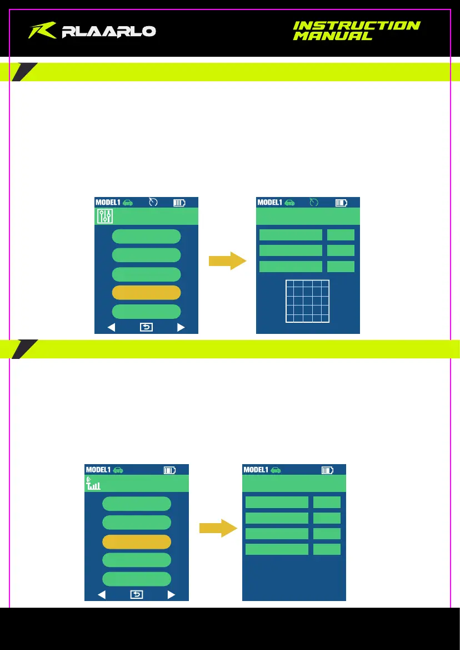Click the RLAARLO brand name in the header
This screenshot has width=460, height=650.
pos(109,32)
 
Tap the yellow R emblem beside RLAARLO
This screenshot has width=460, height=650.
pos(43,31)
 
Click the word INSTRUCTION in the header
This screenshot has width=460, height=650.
pos(356,26)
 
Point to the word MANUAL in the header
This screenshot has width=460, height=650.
pos(332,36)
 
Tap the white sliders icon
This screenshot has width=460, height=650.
pos(105,216)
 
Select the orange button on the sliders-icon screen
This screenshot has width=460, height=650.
pos(146,293)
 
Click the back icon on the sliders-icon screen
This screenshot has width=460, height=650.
pos(146,327)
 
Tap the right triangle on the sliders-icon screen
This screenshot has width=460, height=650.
pos(181,327)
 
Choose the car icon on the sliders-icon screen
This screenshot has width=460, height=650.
pos(127,203)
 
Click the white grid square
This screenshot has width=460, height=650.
pos(307,301)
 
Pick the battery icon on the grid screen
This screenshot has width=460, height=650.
pos(342,203)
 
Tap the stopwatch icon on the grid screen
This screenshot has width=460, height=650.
pos(314,203)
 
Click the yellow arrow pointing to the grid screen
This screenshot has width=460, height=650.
pos(227,260)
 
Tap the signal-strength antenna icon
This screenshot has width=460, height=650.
pos(93,483)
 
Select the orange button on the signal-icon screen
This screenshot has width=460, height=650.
pos(137,542)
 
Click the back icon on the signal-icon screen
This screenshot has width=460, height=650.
pos(137,594)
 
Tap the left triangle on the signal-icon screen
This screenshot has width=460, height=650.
pos(102,594)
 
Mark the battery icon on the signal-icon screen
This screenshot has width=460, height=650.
pos(169,470)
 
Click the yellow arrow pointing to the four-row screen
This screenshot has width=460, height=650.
pos(218,528)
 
